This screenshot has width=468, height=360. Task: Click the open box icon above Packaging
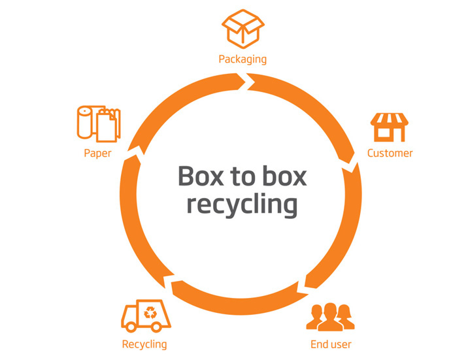coord(242,28)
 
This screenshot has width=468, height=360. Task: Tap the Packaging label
coord(242,59)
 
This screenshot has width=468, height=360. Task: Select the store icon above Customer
coord(389,127)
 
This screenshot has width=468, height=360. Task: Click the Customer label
coord(390,154)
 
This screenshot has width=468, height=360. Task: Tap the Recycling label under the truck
coord(144,344)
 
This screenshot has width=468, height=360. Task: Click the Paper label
coord(97,154)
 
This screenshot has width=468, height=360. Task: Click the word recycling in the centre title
coord(242,204)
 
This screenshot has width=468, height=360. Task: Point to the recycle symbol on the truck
coord(152,312)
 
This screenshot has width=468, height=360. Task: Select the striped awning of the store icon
coord(389,120)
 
